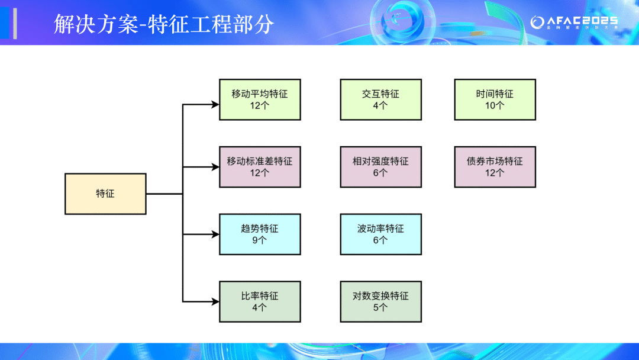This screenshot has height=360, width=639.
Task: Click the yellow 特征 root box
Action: tap(105, 194)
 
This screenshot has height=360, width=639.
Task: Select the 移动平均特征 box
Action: tap(260, 99)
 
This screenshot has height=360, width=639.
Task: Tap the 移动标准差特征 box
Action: tap(260, 166)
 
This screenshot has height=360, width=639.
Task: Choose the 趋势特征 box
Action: tap(260, 234)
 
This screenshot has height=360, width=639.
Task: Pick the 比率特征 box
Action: tap(260, 301)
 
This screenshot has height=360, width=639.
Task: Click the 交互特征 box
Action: tap(380, 99)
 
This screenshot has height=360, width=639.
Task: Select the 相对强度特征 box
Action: tap(380, 166)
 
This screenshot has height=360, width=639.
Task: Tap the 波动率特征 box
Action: tap(380, 234)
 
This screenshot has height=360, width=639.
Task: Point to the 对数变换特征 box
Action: tap(380, 301)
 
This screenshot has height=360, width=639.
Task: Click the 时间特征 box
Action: tap(495, 99)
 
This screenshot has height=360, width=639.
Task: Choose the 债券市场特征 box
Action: tap(495, 166)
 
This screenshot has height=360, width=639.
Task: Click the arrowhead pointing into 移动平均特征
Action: tap(215, 105)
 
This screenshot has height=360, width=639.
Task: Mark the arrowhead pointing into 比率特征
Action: tap(215, 302)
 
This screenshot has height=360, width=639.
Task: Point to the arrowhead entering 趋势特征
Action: tap(215, 234)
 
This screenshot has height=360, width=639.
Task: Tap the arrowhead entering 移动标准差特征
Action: tap(215, 167)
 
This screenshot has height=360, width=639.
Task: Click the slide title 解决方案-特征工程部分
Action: tap(164, 24)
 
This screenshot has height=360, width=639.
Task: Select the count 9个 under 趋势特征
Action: tap(260, 240)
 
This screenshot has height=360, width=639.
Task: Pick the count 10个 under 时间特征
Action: tap(495, 105)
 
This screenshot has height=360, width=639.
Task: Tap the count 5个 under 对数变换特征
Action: tap(380, 307)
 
